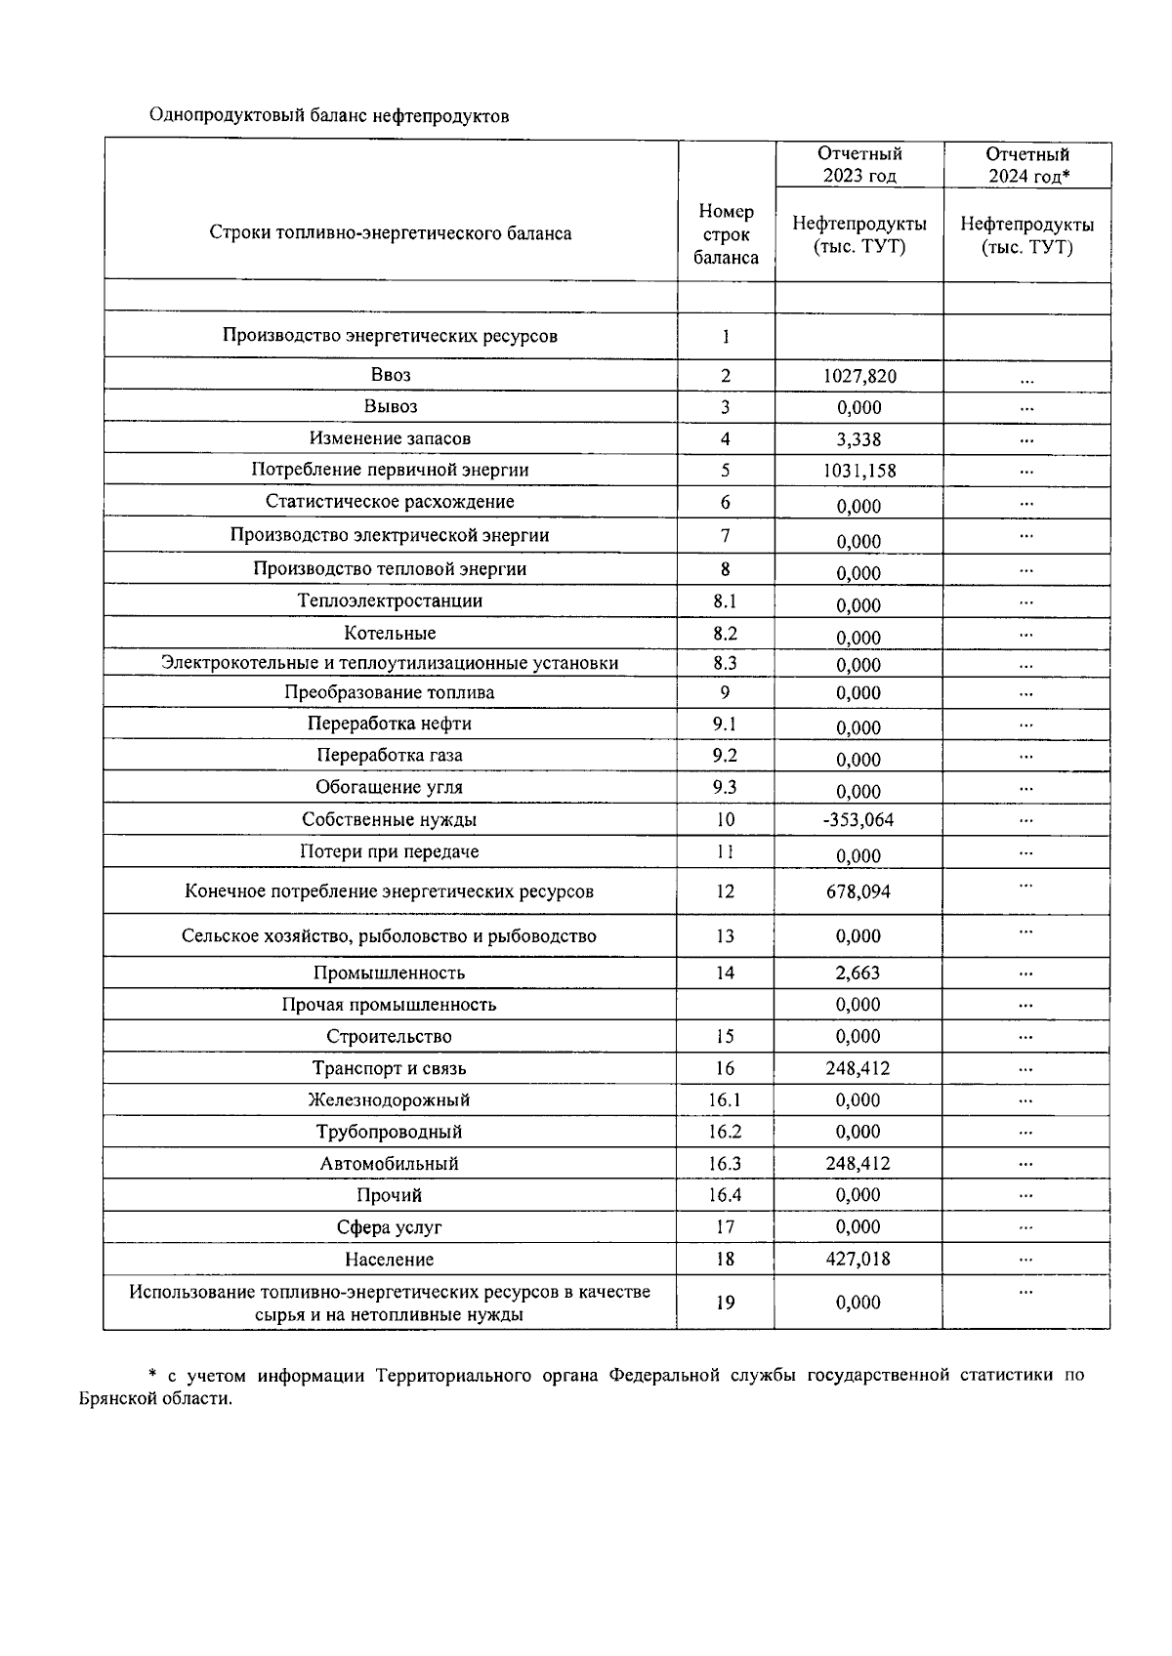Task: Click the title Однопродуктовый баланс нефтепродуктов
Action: tap(328, 116)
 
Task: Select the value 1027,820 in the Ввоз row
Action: tap(859, 376)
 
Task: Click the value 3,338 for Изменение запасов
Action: tap(859, 439)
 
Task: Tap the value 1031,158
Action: tap(859, 471)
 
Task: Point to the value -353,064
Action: tap(858, 819)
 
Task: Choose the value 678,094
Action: tap(858, 891)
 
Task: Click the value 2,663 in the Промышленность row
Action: tap(858, 973)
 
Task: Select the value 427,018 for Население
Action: tap(858, 1259)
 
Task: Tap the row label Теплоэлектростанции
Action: tap(390, 600)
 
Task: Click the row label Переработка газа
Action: tap(390, 755)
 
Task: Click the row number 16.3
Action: tap(725, 1163)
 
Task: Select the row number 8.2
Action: tap(725, 633)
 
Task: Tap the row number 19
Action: tap(725, 1302)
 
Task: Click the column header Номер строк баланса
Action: tap(726, 234)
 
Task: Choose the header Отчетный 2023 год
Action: tap(859, 164)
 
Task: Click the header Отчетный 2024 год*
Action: tap(1027, 164)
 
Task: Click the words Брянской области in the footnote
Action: tap(155, 1397)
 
